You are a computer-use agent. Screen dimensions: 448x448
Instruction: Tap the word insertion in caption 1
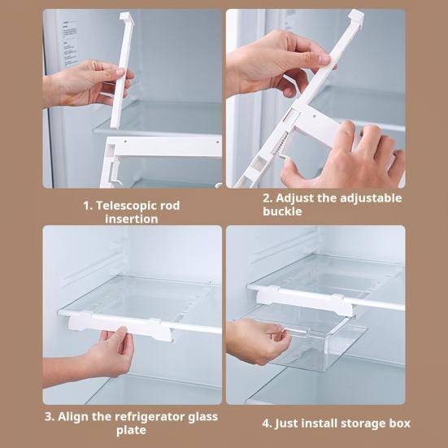[x=132, y=220]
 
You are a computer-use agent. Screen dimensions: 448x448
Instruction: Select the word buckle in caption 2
[x=282, y=211]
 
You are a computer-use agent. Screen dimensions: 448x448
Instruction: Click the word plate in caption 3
[x=132, y=430]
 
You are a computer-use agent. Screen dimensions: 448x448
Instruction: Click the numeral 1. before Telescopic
[x=88, y=206]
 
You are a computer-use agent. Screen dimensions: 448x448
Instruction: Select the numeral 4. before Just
[x=267, y=424]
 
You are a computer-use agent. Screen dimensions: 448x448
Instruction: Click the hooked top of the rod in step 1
[x=127, y=18]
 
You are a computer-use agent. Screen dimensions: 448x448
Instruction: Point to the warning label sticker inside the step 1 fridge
[x=70, y=44]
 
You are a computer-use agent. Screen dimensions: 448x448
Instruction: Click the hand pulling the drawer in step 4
[x=257, y=341]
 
